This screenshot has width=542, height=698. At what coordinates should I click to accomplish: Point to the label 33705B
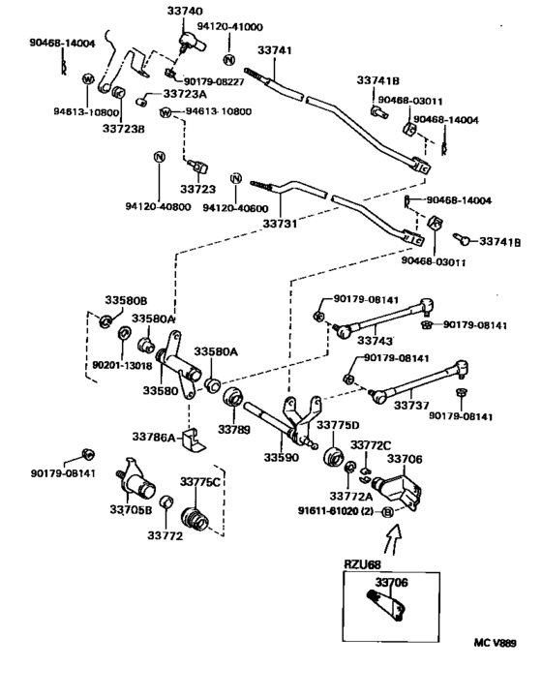pyautogui.click(x=130, y=509)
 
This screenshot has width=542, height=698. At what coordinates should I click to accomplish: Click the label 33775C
pyautogui.click(x=199, y=481)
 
